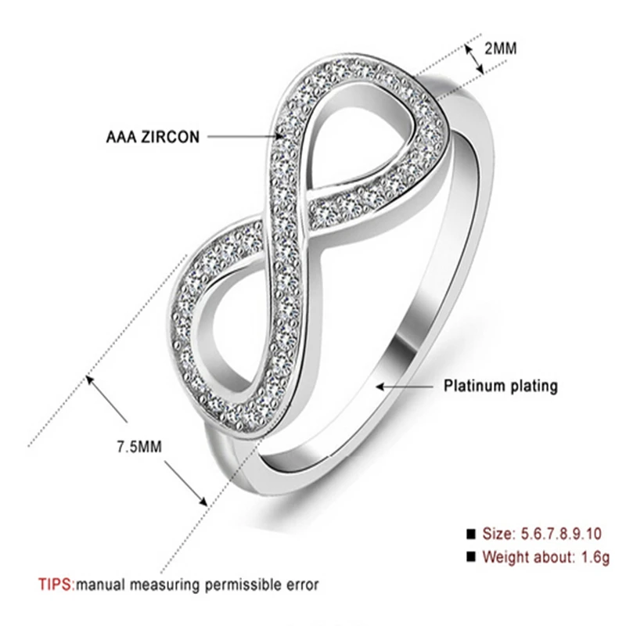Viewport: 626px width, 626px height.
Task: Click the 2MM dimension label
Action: [500, 49]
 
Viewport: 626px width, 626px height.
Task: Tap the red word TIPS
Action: [55, 584]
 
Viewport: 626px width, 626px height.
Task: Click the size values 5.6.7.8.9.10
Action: [561, 534]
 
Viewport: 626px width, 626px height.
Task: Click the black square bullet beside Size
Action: [471, 534]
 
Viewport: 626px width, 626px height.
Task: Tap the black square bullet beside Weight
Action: [471, 558]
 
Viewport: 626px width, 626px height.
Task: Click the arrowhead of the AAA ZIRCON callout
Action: [283, 136]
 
